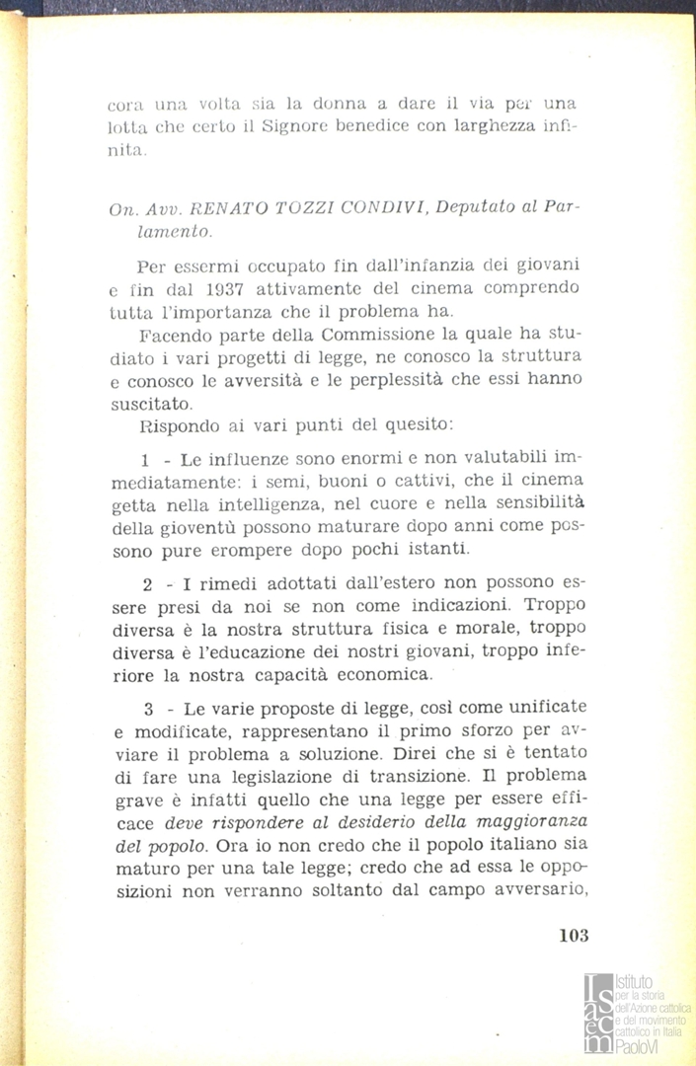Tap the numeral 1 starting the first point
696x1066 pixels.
tap(145, 461)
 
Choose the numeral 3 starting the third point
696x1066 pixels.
tap(146, 707)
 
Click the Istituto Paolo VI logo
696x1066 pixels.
tap(637, 1012)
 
